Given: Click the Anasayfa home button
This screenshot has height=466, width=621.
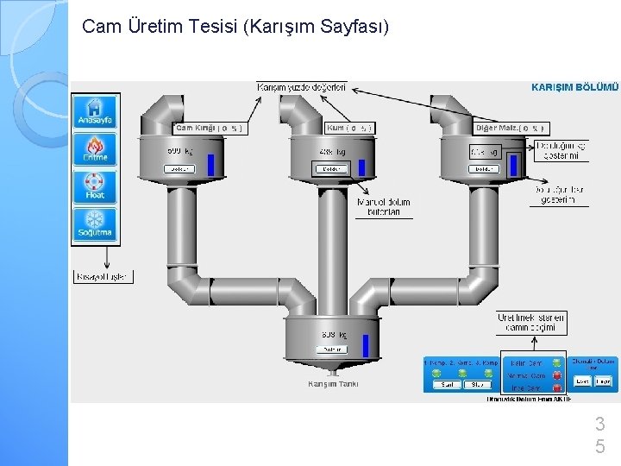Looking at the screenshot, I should [x=95, y=111].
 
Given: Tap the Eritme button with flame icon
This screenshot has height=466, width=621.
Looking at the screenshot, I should [x=95, y=149].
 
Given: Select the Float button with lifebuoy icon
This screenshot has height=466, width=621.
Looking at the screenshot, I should [x=95, y=187].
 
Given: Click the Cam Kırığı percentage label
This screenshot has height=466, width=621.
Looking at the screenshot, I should [x=209, y=128].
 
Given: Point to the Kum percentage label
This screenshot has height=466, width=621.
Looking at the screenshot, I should [x=349, y=128].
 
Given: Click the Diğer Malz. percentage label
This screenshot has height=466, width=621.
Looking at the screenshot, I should [x=511, y=128].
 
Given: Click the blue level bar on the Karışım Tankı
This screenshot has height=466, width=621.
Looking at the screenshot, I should [x=366, y=344].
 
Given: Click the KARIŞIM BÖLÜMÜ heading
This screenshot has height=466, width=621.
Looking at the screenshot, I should [x=574, y=87].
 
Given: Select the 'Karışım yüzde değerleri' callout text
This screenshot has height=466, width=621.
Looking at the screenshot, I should [x=301, y=87].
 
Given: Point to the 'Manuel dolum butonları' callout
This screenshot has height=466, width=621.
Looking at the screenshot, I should [x=383, y=207].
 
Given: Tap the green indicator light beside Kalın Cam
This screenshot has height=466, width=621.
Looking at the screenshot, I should [x=557, y=363].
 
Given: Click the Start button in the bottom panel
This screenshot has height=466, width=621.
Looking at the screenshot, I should [x=448, y=385].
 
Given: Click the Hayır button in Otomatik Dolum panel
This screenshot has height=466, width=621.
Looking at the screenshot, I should [x=605, y=381].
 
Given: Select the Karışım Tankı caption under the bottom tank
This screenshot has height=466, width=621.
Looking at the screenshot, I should [x=333, y=384].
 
